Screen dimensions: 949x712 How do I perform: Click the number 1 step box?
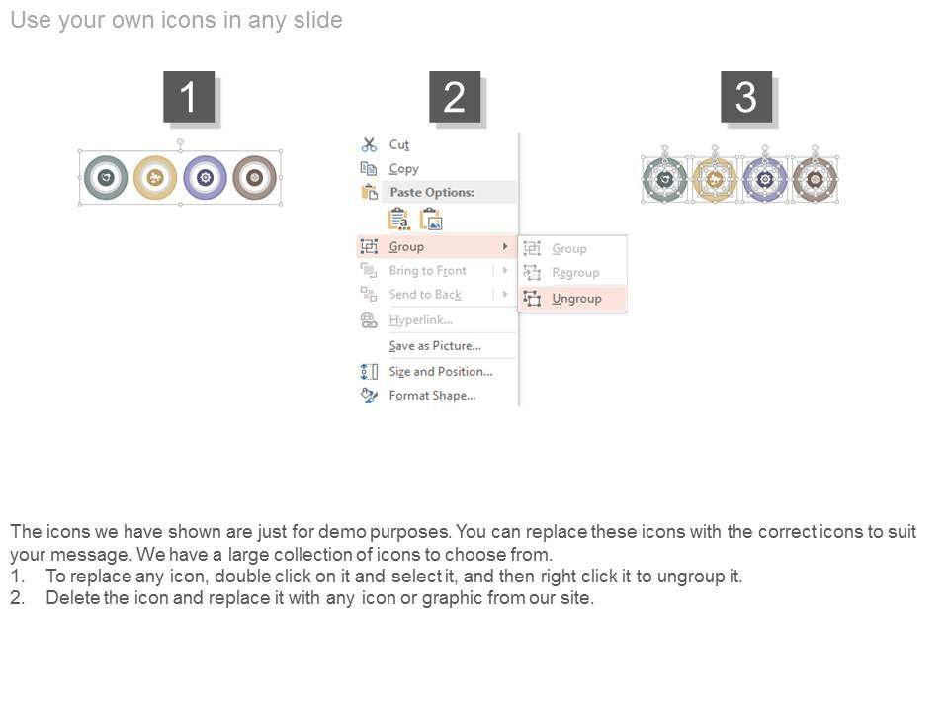189,97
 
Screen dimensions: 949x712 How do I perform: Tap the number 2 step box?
455,97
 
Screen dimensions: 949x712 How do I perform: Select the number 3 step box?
746,97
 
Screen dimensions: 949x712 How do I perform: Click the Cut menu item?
398,144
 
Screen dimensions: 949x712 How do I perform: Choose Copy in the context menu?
403,169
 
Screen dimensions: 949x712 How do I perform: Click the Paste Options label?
432,192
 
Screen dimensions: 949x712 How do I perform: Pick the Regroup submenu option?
575,273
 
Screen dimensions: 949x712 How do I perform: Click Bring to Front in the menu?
427,271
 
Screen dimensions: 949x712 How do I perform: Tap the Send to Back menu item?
425,295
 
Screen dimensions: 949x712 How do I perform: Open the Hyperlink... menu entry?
421,320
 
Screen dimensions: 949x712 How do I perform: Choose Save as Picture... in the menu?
435,346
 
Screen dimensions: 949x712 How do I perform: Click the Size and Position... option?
441,371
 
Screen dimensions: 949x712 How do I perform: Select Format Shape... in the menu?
432,396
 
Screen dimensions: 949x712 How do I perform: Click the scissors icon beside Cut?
369,144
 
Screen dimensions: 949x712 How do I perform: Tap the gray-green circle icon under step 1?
106,177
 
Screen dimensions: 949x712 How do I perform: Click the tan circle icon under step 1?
155,177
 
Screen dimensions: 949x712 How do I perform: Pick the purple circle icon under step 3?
765,180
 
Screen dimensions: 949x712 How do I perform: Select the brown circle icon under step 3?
815,180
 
